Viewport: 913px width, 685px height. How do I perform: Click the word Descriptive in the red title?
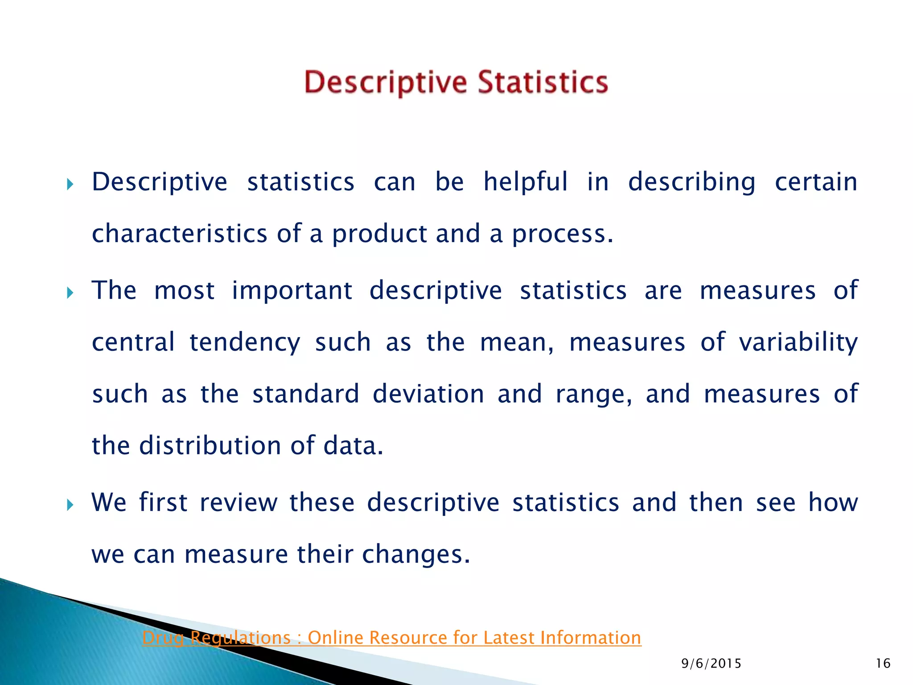click(x=386, y=83)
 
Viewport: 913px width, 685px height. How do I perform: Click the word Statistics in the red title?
click(x=543, y=83)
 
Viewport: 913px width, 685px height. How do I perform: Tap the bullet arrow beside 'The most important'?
click(x=70, y=293)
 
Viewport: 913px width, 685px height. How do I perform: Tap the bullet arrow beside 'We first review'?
click(x=70, y=505)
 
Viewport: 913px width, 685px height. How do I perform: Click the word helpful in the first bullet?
click(x=526, y=182)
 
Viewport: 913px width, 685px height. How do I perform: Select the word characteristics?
click(x=179, y=234)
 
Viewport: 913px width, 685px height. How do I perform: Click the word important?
click(x=292, y=291)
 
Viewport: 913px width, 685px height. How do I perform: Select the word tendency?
click(x=245, y=343)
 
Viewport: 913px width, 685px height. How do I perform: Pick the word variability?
click(x=798, y=342)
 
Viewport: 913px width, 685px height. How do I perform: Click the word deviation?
click(x=428, y=394)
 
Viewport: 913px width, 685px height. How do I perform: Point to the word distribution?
click(x=210, y=446)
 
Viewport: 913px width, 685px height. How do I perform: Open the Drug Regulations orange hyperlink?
click(x=391, y=638)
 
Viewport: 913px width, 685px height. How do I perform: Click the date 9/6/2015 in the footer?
click(x=711, y=664)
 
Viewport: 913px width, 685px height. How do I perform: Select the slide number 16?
click(x=883, y=664)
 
